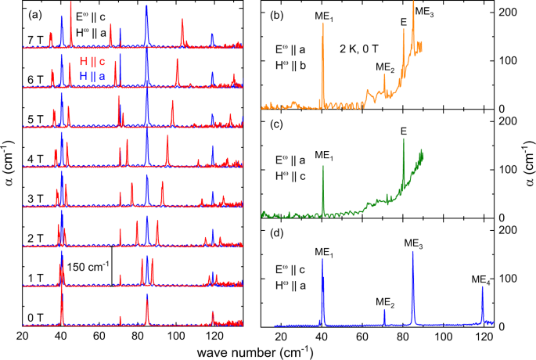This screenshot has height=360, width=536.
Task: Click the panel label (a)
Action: (35, 14)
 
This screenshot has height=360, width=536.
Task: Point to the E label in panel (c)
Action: (403, 131)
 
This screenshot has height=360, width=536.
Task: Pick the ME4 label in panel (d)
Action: (482, 279)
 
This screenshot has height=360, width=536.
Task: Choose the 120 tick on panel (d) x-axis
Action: (485, 337)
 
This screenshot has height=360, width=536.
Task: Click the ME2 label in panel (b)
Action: (384, 67)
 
